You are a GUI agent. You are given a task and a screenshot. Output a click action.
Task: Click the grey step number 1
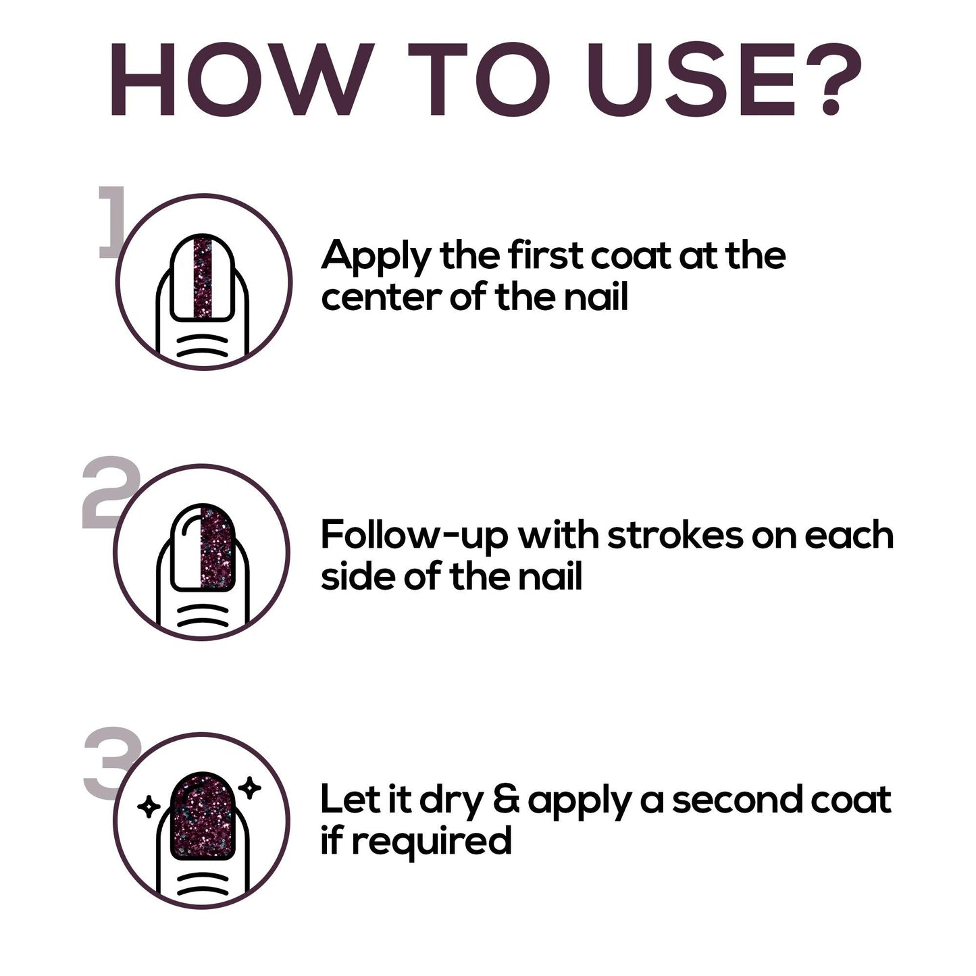pos(112,222)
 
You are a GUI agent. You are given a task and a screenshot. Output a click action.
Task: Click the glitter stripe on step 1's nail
pos(203,277)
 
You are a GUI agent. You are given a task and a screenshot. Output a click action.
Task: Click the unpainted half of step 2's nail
pos(186,548)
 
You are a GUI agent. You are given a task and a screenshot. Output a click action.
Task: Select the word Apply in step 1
pos(376,258)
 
